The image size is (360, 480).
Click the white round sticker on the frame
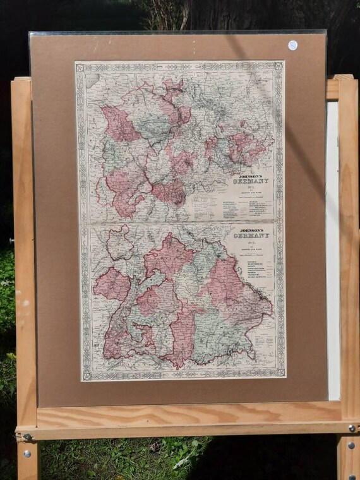tap(292, 45)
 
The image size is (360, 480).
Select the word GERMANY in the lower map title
tap(252, 236)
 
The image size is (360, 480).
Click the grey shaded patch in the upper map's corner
tap(92, 80)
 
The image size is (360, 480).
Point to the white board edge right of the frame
tap(332, 253)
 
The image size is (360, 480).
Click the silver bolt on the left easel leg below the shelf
tap(27, 453)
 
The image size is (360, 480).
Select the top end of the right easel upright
tap(345, 78)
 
